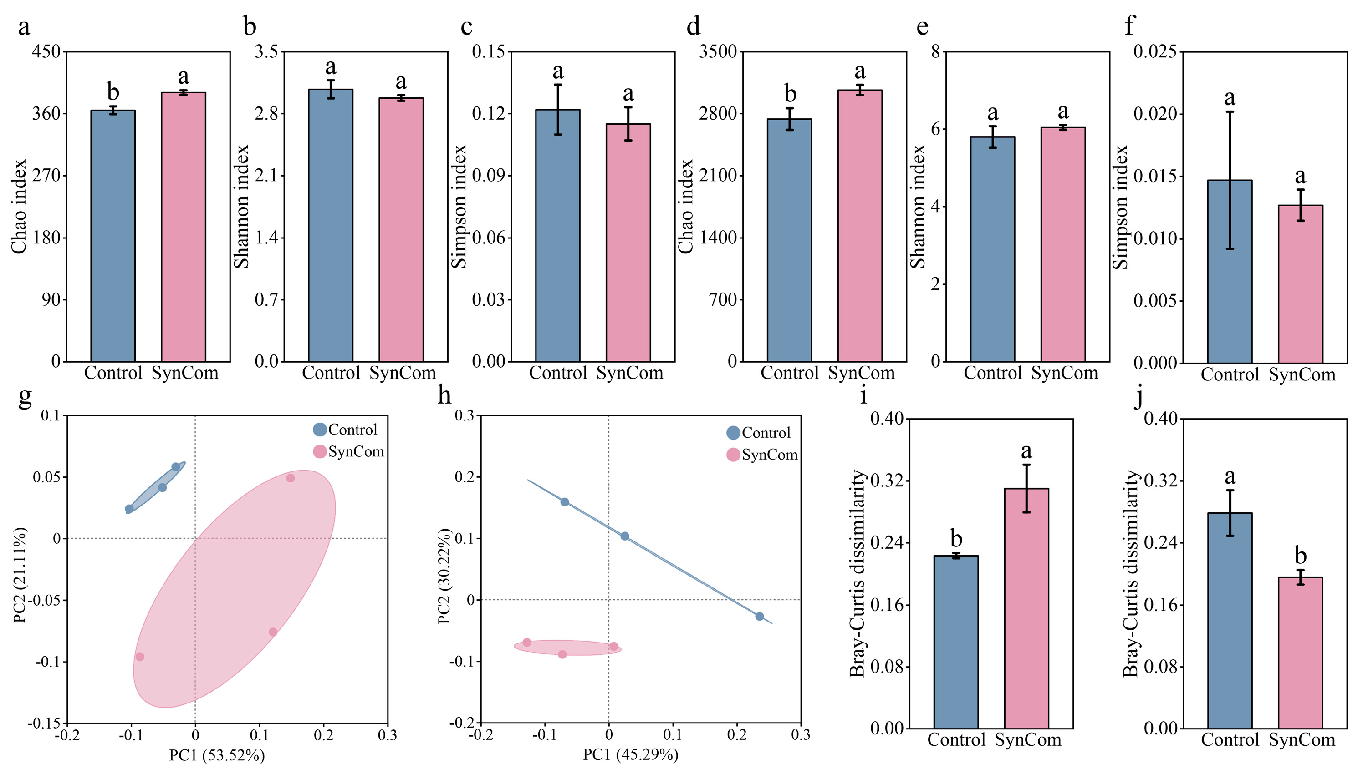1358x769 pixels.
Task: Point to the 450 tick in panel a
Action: (x=46, y=52)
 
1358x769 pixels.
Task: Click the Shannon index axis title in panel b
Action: (x=241, y=207)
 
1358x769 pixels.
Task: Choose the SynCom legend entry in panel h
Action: (x=762, y=455)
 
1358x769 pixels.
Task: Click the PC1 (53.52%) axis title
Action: (x=217, y=755)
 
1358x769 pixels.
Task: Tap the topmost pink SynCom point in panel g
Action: (x=290, y=478)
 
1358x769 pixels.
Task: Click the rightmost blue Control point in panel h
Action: (x=759, y=617)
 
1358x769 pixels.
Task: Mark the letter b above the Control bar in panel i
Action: (x=956, y=538)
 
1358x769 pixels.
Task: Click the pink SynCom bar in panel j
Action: (x=1300, y=653)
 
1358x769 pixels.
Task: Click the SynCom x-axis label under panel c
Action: (x=629, y=374)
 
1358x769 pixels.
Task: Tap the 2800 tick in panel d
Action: (x=718, y=114)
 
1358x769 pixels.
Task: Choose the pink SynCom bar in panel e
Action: (x=1062, y=244)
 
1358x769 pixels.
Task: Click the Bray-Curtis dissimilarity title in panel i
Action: (x=857, y=573)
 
